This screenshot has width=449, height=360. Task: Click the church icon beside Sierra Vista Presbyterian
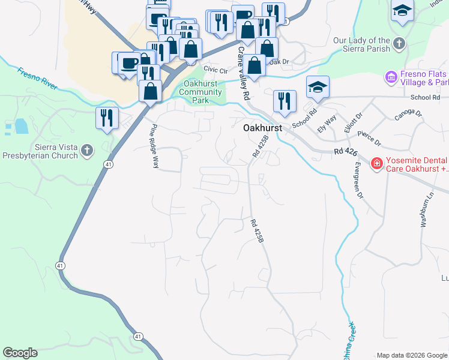coord(87,150)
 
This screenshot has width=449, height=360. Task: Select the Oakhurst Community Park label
coord(201,92)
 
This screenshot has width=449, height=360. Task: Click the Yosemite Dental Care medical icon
coord(376,163)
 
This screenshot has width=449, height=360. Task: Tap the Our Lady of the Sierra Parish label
coord(362,45)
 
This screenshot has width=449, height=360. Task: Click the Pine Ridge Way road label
coord(154,146)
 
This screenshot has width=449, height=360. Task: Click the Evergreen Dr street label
coord(358,180)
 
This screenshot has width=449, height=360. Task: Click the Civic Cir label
coord(216,71)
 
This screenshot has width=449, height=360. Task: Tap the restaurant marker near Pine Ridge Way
coord(107,118)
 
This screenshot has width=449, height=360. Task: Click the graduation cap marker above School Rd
coord(318,87)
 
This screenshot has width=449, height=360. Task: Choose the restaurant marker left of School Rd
coord(284,101)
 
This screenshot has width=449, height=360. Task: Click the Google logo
coord(20,353)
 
